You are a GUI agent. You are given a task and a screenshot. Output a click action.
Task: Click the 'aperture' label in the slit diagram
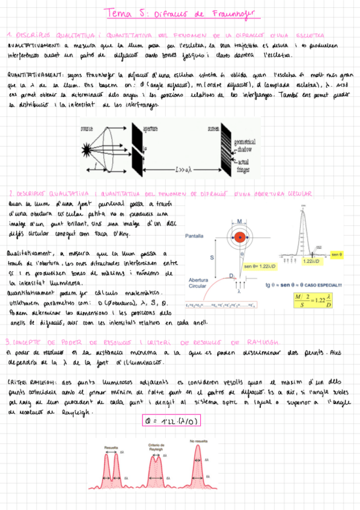point(150,128)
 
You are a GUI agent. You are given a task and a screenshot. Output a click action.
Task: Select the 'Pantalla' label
point(195,236)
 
